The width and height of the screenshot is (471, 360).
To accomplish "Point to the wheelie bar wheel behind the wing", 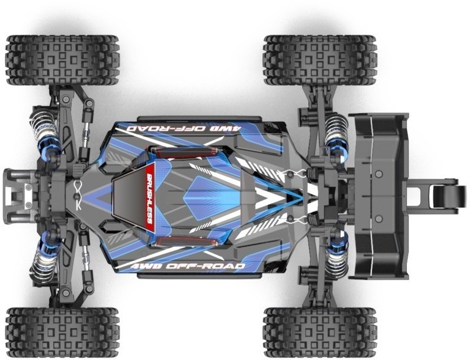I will pyautogui.click(x=444, y=196).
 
